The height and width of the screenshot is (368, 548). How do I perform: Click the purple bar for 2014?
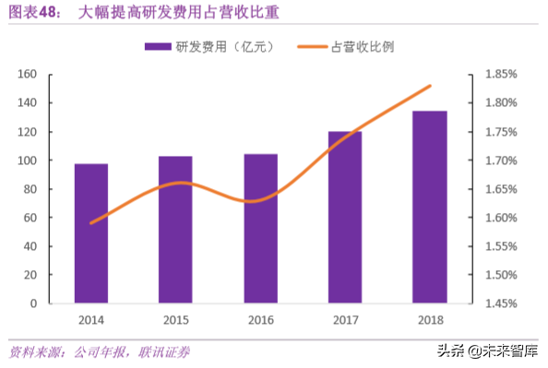pos(91,233)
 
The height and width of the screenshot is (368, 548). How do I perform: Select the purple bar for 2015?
pos(175,230)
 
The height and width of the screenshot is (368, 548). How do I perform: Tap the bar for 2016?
pos(260,229)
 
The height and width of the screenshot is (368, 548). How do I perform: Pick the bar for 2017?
pos(345,218)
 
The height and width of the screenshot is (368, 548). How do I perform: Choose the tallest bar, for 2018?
pos(429,208)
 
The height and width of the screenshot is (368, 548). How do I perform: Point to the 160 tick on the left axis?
pos(28,75)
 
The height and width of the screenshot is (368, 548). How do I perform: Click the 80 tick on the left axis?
pos(30,189)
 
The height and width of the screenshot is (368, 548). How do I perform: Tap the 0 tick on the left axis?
pos(33,303)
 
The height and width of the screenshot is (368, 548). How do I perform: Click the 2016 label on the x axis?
pos(260,319)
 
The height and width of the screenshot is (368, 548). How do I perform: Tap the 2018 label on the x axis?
pos(429,319)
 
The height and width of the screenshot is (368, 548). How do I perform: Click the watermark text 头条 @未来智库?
pos(489,350)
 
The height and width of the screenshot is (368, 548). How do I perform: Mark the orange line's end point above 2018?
pos(430,86)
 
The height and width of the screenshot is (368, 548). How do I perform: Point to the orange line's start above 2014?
pos(91,223)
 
